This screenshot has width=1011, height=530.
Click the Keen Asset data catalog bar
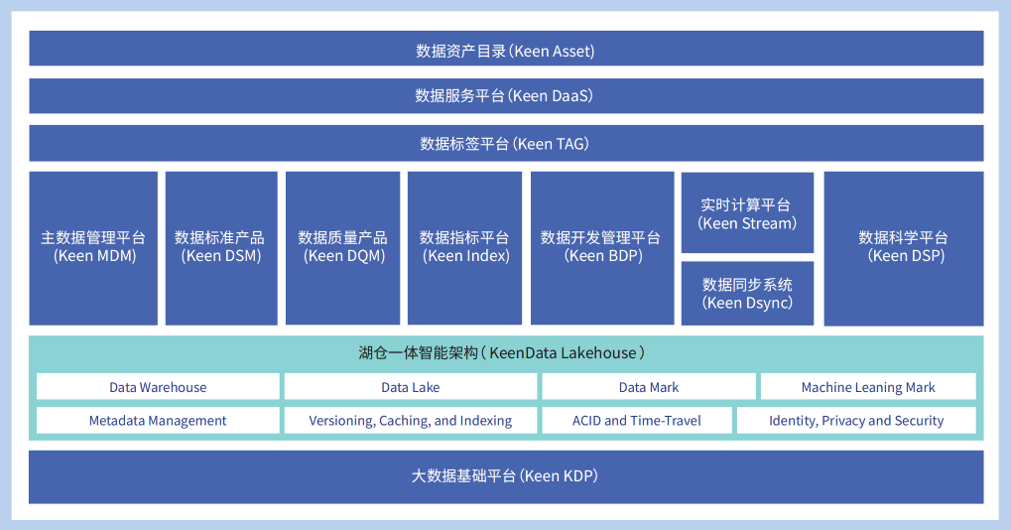coord(506,49)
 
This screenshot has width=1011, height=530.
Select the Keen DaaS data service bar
coord(506,96)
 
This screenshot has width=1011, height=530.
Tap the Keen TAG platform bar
coord(506,144)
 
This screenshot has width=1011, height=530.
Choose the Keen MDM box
coord(93,247)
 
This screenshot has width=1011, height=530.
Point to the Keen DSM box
coord(221,247)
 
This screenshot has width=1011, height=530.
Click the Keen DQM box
coord(343,247)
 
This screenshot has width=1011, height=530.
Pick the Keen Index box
coord(464,247)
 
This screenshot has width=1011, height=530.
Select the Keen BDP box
coord(602,247)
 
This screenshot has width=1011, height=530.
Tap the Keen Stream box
coord(747,213)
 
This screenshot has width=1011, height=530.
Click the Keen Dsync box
coord(747,293)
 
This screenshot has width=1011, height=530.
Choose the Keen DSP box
coord(904,247)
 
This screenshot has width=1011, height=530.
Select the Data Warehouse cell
coord(158,387)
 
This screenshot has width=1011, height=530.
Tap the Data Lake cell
coord(410,387)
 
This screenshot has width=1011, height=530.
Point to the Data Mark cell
coord(649,387)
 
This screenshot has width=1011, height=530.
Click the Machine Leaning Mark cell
coord(868,387)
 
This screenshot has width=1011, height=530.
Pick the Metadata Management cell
coord(158,421)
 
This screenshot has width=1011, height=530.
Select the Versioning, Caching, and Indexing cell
coord(410,421)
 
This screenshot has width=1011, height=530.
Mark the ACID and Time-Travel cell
coord(636,421)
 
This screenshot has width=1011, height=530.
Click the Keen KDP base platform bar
coord(506,476)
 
